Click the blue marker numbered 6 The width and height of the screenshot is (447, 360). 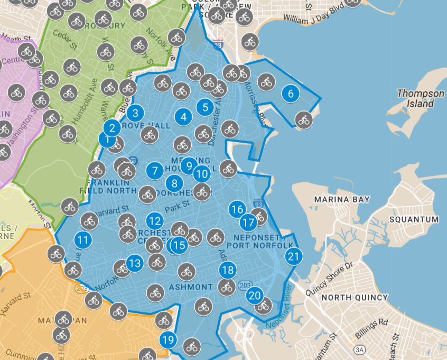click(x=290, y=94)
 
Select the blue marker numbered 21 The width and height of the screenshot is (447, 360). click(x=293, y=256)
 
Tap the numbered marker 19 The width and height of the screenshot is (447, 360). click(x=169, y=340)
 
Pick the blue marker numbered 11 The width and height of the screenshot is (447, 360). click(x=82, y=240)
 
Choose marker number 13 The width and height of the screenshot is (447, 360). click(x=135, y=263)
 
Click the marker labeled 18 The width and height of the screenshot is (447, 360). click(x=228, y=271)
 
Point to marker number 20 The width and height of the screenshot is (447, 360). click(x=255, y=295)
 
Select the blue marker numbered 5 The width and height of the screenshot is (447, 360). click(x=206, y=107)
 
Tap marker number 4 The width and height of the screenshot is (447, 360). click(x=183, y=117)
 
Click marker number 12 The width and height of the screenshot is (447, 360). click(x=155, y=220)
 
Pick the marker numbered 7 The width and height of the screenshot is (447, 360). click(x=155, y=171)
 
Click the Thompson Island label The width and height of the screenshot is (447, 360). click(x=421, y=98)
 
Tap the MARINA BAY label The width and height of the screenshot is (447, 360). click(x=342, y=199)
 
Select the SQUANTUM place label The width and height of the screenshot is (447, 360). click(x=414, y=219)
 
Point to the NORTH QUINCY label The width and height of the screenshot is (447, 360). click(x=355, y=298)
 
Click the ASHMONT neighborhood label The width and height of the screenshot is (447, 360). click(x=191, y=287)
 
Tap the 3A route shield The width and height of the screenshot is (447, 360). click(x=360, y=349)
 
